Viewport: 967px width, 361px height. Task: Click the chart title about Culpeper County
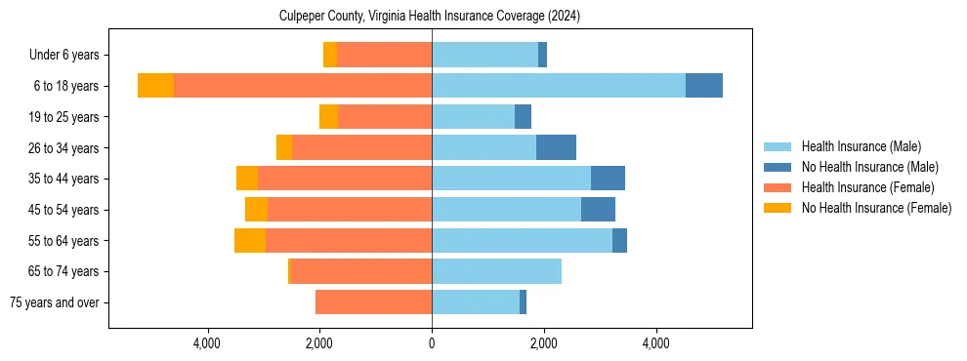(430, 16)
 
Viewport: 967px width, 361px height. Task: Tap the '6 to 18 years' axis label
(66, 86)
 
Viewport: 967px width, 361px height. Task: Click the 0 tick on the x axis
(432, 343)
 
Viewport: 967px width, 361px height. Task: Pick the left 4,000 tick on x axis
(207, 343)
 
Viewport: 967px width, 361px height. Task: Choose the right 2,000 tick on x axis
(544, 343)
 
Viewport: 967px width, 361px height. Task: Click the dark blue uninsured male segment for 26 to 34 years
(556, 147)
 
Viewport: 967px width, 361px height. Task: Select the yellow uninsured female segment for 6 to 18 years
(155, 86)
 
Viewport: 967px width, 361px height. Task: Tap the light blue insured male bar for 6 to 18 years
(559, 86)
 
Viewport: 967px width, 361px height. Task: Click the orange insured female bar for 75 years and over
(373, 302)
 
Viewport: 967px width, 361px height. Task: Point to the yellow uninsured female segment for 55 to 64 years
(250, 240)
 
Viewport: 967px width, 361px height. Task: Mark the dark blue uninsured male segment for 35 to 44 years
(608, 179)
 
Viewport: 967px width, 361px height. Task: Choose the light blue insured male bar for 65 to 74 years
(496, 271)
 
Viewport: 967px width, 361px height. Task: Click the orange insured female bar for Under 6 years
(385, 56)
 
